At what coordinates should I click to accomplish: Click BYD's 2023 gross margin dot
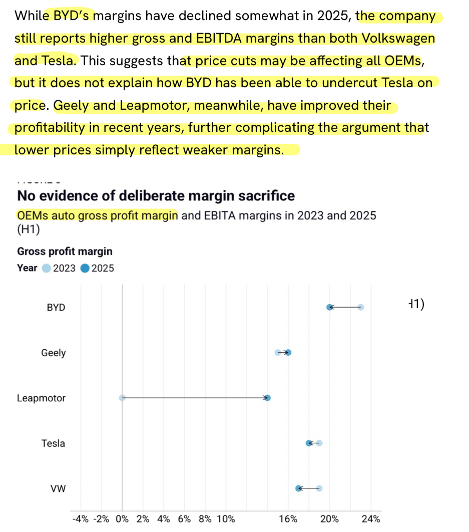coord(360,307)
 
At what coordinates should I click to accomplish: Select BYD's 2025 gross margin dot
coord(329,307)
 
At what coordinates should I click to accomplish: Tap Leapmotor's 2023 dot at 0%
coord(122,398)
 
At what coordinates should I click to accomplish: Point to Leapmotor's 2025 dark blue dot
coord(268,398)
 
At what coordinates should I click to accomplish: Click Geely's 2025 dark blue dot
coord(288,353)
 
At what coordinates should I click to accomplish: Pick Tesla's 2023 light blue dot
coord(319,443)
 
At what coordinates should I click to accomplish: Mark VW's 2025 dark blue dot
coord(299,488)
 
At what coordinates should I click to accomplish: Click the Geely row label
coord(54,353)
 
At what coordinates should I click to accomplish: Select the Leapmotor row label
coord(41,398)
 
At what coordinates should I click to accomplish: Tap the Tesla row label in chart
coord(53,443)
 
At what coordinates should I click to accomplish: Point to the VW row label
coord(59,488)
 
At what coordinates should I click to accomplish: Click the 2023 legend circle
coord(47,268)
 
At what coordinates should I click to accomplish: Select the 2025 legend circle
coord(85,268)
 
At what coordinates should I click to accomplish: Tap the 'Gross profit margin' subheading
coord(65,251)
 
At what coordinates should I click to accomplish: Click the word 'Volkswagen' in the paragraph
coord(390,39)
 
